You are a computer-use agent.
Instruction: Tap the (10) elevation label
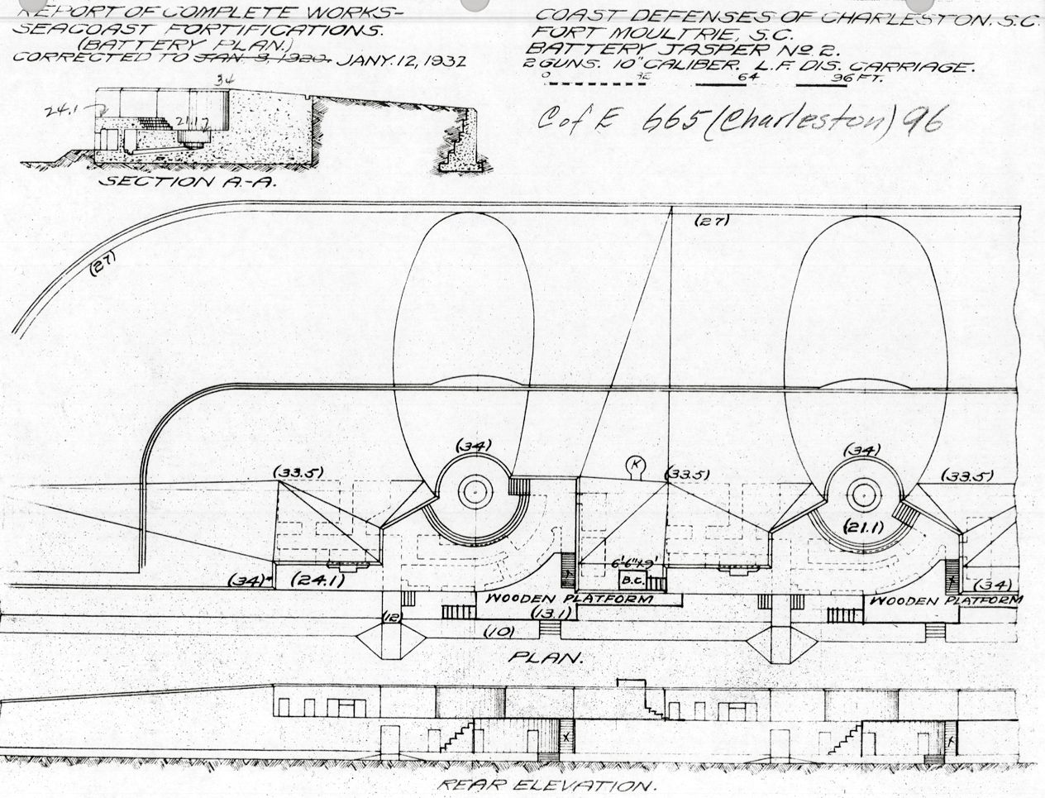[x=501, y=633]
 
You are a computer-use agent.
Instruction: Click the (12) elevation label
[x=394, y=616]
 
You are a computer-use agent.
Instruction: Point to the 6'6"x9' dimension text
[x=635, y=561]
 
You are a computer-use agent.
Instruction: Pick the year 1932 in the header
[x=438, y=61]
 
